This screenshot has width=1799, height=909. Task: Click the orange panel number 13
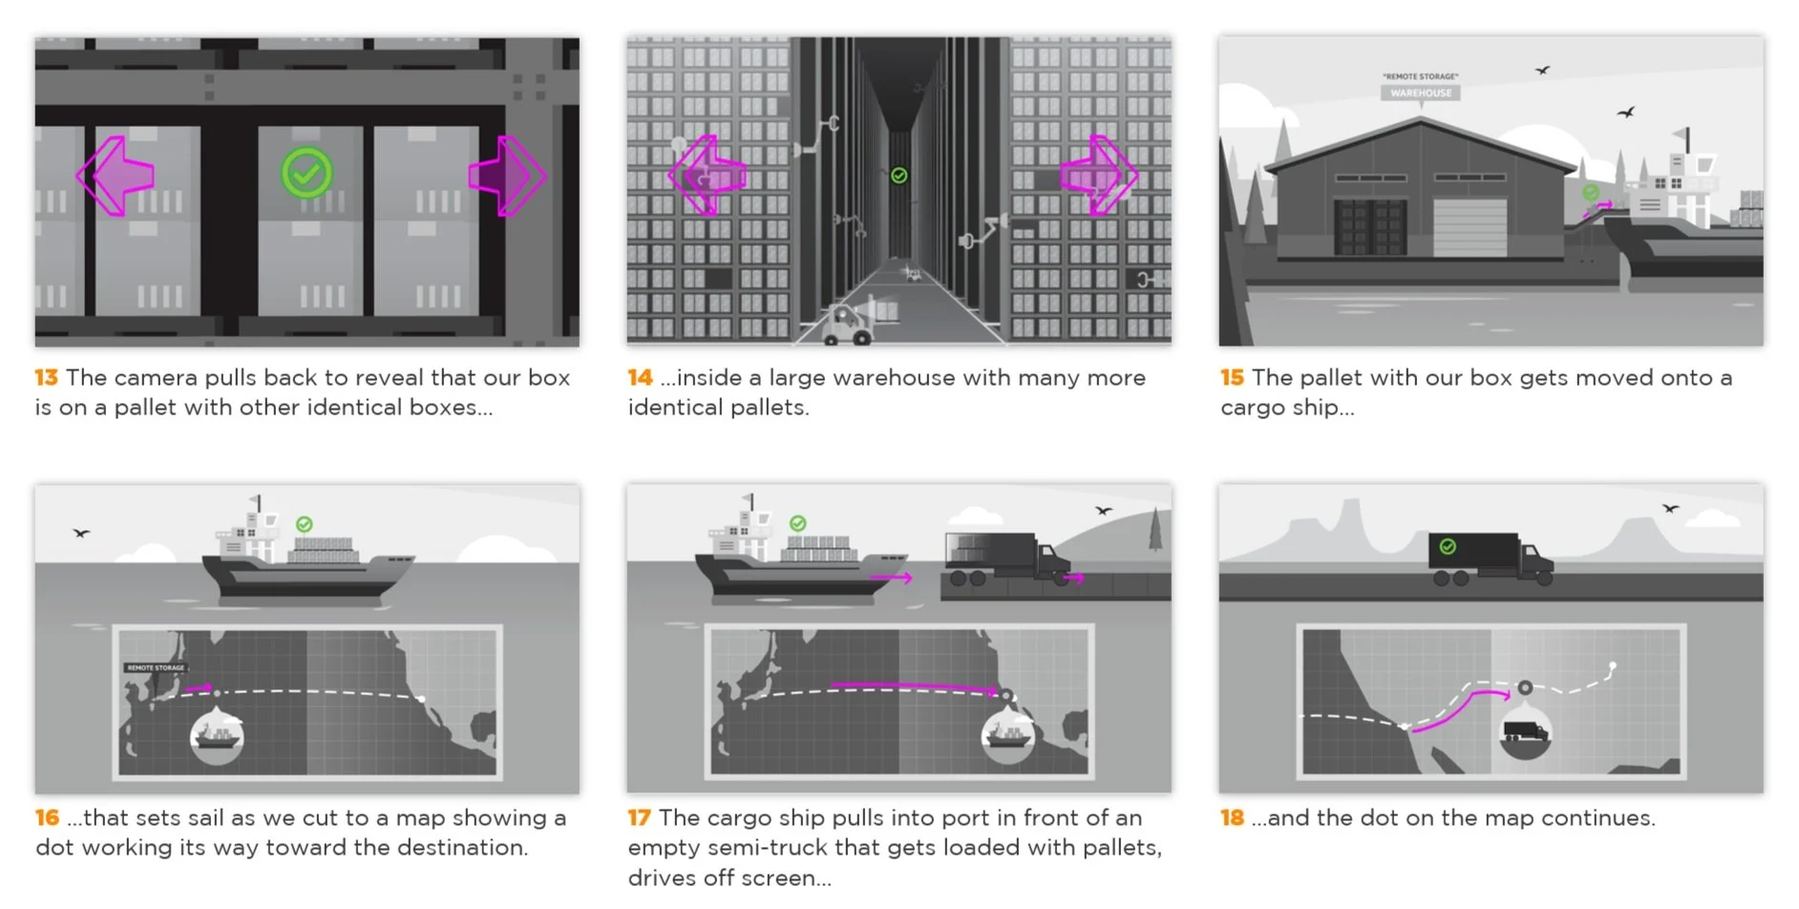coord(46,378)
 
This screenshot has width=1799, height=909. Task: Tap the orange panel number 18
coord(1232,818)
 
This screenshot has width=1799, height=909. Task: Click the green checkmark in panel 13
coord(307,174)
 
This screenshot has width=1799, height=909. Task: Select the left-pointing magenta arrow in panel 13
coord(116,176)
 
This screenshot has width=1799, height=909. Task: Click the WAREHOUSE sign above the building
coord(1420,93)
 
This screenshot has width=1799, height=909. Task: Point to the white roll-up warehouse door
coord(1470,227)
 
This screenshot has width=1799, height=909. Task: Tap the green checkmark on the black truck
coord(1448,547)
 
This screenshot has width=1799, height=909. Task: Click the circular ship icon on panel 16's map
coord(217,736)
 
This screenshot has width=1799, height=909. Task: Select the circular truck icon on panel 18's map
coord(1525,731)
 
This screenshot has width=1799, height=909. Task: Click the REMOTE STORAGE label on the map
coord(155,667)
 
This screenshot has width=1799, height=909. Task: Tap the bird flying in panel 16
coord(81,533)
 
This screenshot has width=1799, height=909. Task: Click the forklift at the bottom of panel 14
coord(844,326)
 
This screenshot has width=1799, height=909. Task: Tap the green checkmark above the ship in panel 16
coord(304,524)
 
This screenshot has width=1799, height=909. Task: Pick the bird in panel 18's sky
coord(1670,509)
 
